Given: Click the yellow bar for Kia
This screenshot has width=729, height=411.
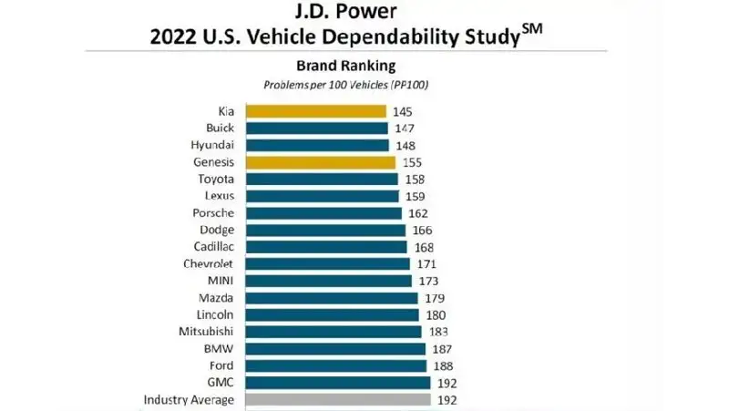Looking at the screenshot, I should point(316,111).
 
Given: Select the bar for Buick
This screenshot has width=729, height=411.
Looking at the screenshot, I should point(317,128).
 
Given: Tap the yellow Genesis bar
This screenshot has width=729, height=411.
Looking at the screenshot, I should point(321,162).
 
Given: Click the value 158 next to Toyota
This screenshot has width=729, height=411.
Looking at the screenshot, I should point(414,180).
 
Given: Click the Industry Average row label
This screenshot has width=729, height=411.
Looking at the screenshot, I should point(189,400).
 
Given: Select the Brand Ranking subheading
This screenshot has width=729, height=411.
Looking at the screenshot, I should point(345,66).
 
